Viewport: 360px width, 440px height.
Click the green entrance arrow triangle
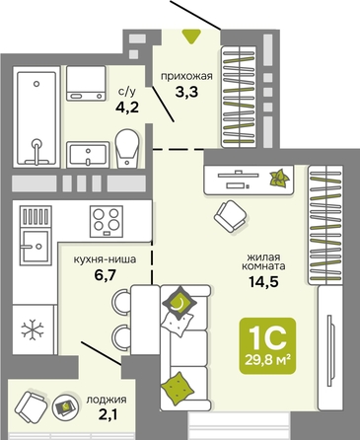coord(191,37)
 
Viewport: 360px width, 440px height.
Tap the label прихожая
coord(186,77)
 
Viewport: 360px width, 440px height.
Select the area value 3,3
coord(186,93)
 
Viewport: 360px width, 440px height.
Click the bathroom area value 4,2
coord(127,108)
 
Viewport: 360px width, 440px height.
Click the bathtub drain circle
coord(36,84)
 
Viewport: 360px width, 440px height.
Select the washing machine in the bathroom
coord(86,83)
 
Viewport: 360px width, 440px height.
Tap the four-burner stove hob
coord(107,221)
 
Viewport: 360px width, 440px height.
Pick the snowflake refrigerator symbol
coord(33,330)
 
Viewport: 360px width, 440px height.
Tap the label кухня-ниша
coord(105,259)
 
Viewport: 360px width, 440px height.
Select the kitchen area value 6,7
coord(105,275)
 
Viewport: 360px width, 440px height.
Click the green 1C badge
coord(267,346)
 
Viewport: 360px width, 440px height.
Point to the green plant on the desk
coord(279,178)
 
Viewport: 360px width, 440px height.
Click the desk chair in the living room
coord(230,216)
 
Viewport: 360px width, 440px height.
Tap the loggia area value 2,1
coord(108,414)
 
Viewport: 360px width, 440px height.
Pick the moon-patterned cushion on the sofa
coord(180,303)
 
